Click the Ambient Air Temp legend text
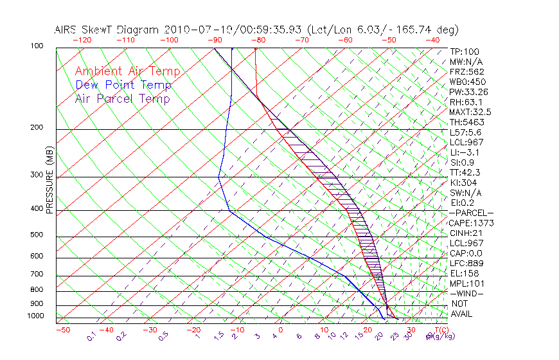click(x=127, y=71)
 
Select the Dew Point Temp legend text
click(x=123, y=85)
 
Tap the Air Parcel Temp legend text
click(x=122, y=98)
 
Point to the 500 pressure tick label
click(x=37, y=235)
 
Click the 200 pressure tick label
click(x=37, y=128)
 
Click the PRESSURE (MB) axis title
click(x=49, y=181)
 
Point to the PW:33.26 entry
click(x=469, y=92)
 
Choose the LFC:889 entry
click(x=466, y=263)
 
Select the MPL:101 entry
click(x=466, y=283)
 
